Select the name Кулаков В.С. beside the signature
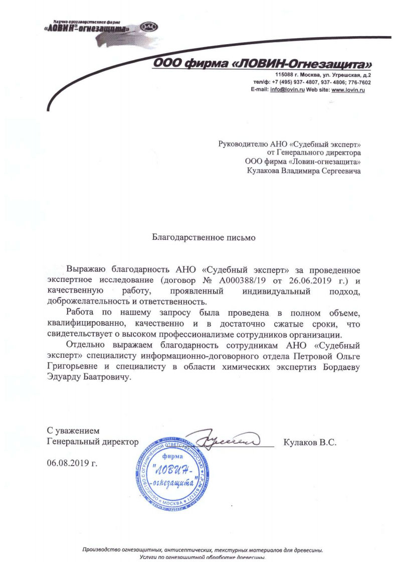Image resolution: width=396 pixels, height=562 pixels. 309,443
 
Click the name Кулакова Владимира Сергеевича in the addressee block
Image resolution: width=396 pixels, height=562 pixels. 304,171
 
